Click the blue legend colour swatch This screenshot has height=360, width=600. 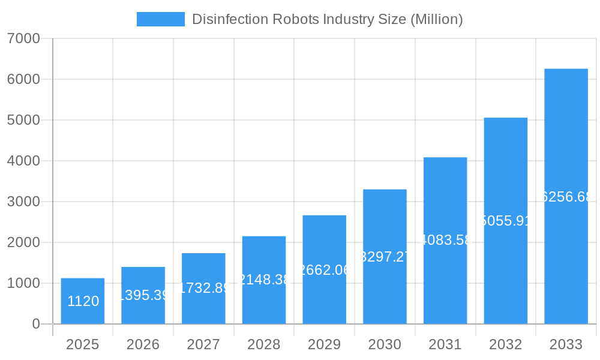click(x=161, y=19)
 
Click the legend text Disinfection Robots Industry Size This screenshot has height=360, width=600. click(x=327, y=19)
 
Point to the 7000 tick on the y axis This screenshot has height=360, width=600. click(x=23, y=38)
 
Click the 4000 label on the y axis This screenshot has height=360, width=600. click(x=23, y=161)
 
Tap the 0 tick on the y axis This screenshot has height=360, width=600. click(x=35, y=324)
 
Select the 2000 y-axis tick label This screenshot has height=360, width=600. click(x=23, y=242)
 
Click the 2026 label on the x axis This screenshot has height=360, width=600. click(x=143, y=344)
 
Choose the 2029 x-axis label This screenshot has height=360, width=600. click(x=324, y=344)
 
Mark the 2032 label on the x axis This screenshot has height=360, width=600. click(x=505, y=344)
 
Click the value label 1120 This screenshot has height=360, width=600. click(x=83, y=301)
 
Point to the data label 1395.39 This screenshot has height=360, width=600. click(x=143, y=295)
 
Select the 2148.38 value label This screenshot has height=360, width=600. click(x=264, y=280)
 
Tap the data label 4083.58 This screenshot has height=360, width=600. click(x=445, y=241)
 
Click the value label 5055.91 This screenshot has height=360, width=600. click(x=506, y=221)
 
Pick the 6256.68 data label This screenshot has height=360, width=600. click(x=566, y=197)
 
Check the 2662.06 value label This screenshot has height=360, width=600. click(x=324, y=270)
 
